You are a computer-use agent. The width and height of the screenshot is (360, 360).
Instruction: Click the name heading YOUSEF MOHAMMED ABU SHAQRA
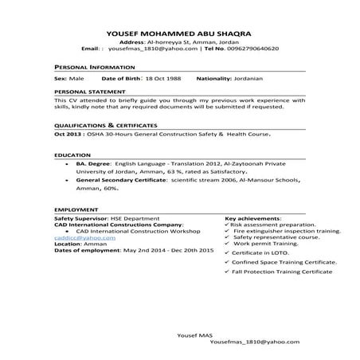(x=179, y=33)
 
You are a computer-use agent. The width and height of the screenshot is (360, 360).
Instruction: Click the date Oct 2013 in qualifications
(x=67, y=137)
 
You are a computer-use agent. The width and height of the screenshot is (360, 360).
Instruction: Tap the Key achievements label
(x=252, y=217)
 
